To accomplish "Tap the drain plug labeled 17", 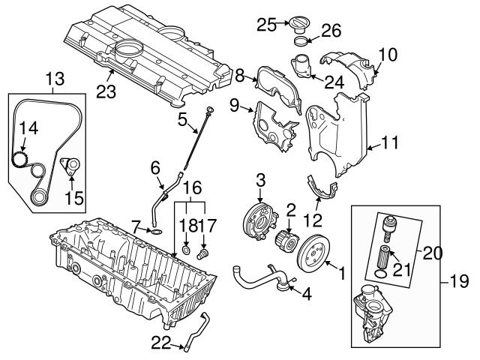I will tap(201, 256).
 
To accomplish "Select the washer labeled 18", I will tap(184, 248).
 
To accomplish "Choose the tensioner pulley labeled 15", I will tap(70, 166).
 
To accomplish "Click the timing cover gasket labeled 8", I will tap(273, 82).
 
